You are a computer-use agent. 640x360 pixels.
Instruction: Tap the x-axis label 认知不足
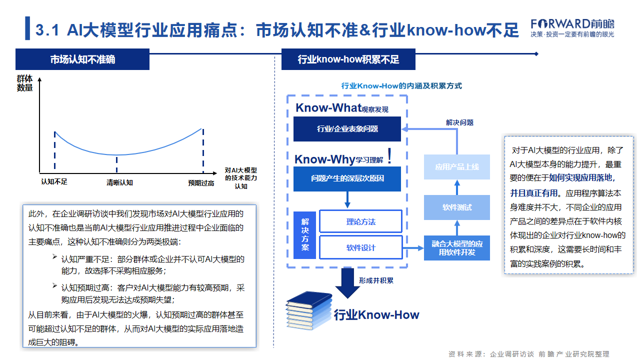pos(54,183)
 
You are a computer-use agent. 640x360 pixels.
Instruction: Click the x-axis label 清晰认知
pos(121,183)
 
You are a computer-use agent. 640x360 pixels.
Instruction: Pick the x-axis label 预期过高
pos(201,183)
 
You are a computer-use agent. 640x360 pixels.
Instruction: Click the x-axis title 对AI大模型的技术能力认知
pos(241,177)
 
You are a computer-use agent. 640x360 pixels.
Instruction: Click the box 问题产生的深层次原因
pos(340,180)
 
